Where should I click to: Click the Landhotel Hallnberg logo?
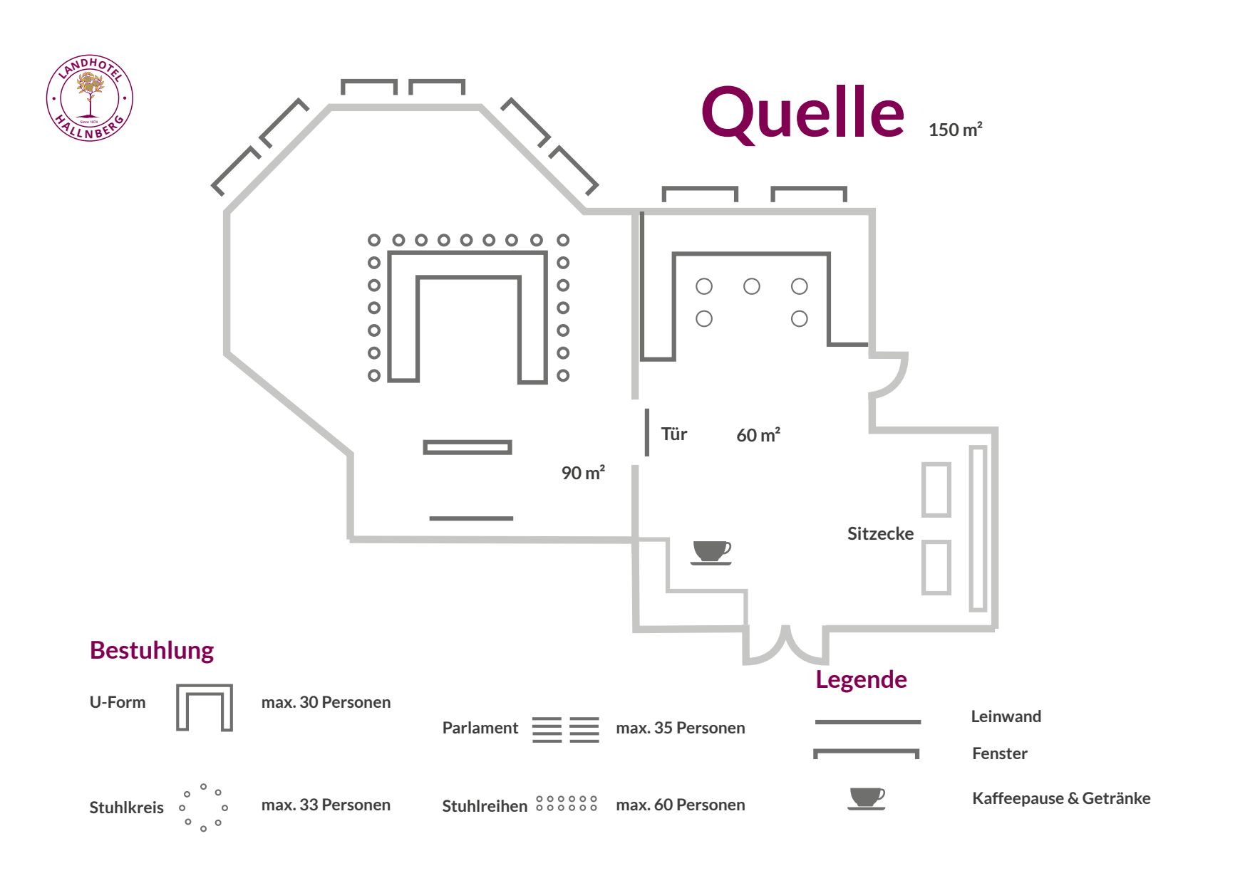coord(90,98)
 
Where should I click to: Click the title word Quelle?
coord(802,114)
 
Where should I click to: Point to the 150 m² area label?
coord(955,130)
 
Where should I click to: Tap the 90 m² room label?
coord(583,473)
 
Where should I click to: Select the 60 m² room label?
coord(758,435)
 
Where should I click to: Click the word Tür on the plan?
coord(673,434)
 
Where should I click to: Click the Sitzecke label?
coord(880,533)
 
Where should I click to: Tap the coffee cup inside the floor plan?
coord(711,552)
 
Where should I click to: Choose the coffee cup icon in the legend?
coord(867,798)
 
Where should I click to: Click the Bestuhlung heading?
coord(152,650)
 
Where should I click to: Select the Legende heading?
coord(861,679)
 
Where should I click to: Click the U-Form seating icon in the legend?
coord(205,708)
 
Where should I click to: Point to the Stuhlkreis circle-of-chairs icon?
coord(204,808)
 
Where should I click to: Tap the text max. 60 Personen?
coord(680,805)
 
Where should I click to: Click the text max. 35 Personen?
coord(680,728)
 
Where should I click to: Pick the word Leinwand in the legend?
coord(1006,716)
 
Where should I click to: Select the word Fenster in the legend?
coord(999,753)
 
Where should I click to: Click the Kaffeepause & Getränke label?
coord(1060,798)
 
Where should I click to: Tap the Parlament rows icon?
coord(566,729)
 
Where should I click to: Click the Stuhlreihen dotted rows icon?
coord(567,804)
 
